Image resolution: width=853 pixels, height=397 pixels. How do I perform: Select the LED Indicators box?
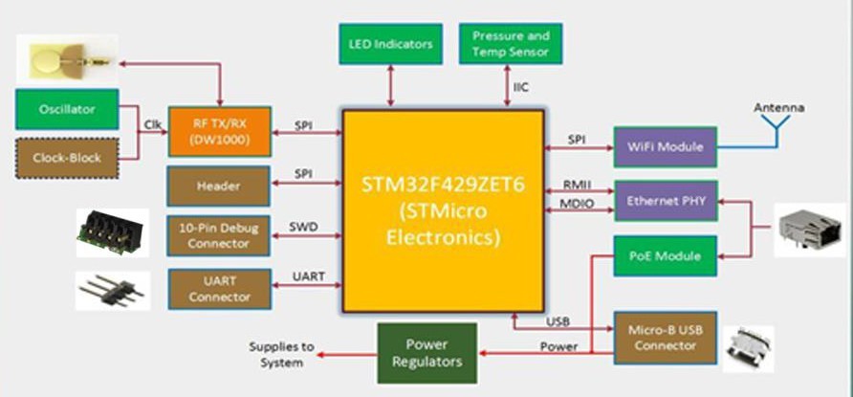point(390,44)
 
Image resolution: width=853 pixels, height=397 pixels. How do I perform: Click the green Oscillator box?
point(67,109)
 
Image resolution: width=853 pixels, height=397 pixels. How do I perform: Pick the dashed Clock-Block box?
point(67,157)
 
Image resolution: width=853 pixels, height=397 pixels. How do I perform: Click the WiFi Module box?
point(666,146)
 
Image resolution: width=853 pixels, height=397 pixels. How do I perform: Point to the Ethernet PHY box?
point(666,201)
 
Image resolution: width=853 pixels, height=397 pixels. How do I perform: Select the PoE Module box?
point(666,255)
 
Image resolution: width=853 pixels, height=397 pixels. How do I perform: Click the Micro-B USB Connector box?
point(666,337)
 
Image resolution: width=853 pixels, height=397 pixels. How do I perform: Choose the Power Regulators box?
point(426,353)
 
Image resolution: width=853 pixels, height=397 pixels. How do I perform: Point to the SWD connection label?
point(303,226)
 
